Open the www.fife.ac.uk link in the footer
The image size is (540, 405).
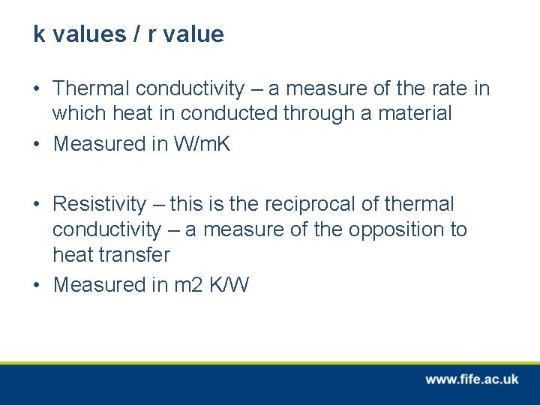(x=472, y=379)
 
